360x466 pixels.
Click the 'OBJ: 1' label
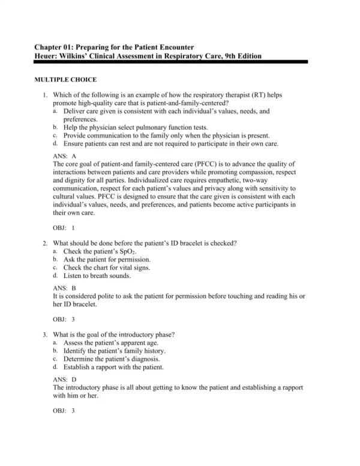pyautogui.click(x=64, y=228)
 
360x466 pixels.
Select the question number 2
pyautogui.click(x=45, y=243)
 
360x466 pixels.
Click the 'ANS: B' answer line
pyautogui.click(x=64, y=288)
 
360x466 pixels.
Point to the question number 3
pyautogui.click(x=45, y=334)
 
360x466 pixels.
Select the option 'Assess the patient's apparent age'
pyautogui.click(x=112, y=342)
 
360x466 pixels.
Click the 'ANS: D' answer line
pyautogui.click(x=65, y=380)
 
